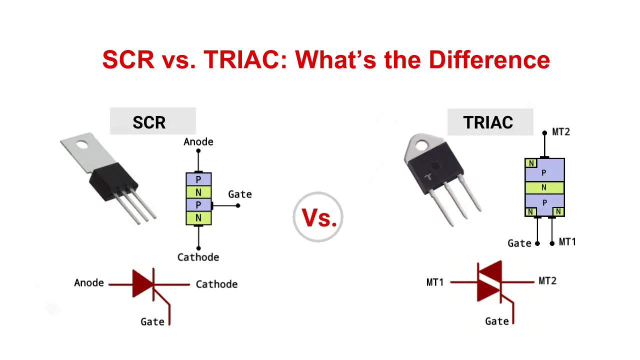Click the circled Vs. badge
pos(318,217)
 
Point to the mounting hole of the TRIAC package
pos(418,145)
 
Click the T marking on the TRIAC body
pos(427,177)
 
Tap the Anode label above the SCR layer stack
pos(198,141)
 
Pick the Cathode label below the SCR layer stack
pos(198,257)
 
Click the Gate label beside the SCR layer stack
pos(240,194)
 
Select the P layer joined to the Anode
pos(198,179)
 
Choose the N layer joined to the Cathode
pos(198,218)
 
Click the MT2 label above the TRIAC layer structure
pos(561,132)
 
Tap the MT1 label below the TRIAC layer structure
pos(567,242)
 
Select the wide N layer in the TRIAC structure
pos(544,187)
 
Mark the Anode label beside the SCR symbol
pos(89,283)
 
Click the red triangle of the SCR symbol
pos(141,284)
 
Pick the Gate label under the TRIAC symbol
pos(497,321)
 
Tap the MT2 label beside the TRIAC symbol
pos(547,281)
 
